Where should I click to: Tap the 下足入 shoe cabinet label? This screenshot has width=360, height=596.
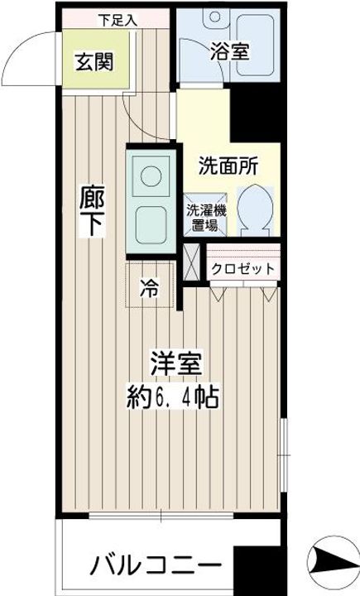pyautogui.click(x=117, y=17)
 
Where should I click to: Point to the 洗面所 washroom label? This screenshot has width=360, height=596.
pyautogui.click(x=228, y=165)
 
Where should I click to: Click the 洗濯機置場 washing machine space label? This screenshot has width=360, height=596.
pyautogui.click(x=203, y=217)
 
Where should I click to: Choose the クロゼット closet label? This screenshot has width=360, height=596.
pyautogui.click(x=242, y=268)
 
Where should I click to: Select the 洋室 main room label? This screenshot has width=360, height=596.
pyautogui.click(x=176, y=363)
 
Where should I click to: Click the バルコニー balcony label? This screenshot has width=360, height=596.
pyautogui.click(x=156, y=567)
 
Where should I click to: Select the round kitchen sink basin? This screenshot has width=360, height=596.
pyautogui.click(x=151, y=175)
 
